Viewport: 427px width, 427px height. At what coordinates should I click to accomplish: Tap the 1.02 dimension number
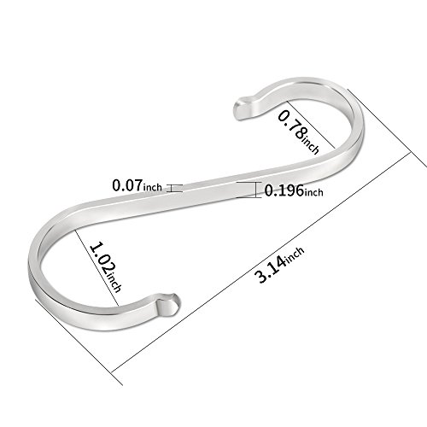(x=103, y=259)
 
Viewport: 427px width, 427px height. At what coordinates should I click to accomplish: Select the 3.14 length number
(x=272, y=269)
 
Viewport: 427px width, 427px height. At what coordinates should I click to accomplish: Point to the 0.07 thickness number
(x=127, y=185)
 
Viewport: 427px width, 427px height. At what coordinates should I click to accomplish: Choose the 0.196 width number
(x=284, y=190)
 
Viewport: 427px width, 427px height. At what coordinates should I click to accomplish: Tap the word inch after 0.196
(x=314, y=192)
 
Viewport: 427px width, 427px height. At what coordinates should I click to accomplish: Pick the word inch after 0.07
(x=152, y=187)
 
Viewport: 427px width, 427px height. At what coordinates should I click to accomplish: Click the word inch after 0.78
(x=310, y=146)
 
